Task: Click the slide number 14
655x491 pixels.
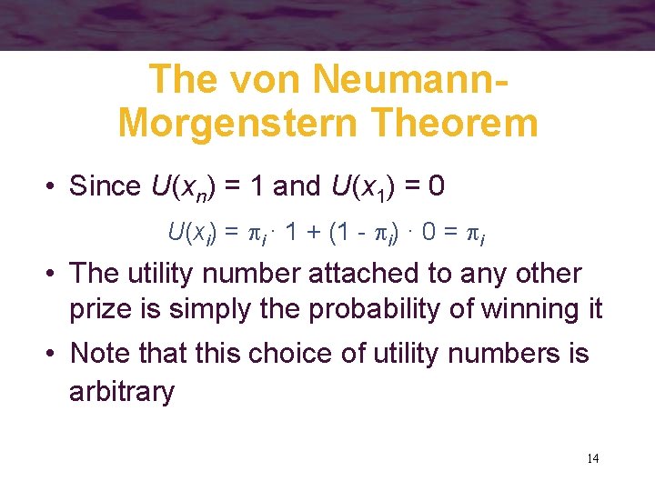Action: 592,457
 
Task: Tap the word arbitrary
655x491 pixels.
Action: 122,392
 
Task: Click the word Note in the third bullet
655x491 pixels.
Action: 99,352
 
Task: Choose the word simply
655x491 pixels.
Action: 201,309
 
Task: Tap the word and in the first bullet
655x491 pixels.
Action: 297,186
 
